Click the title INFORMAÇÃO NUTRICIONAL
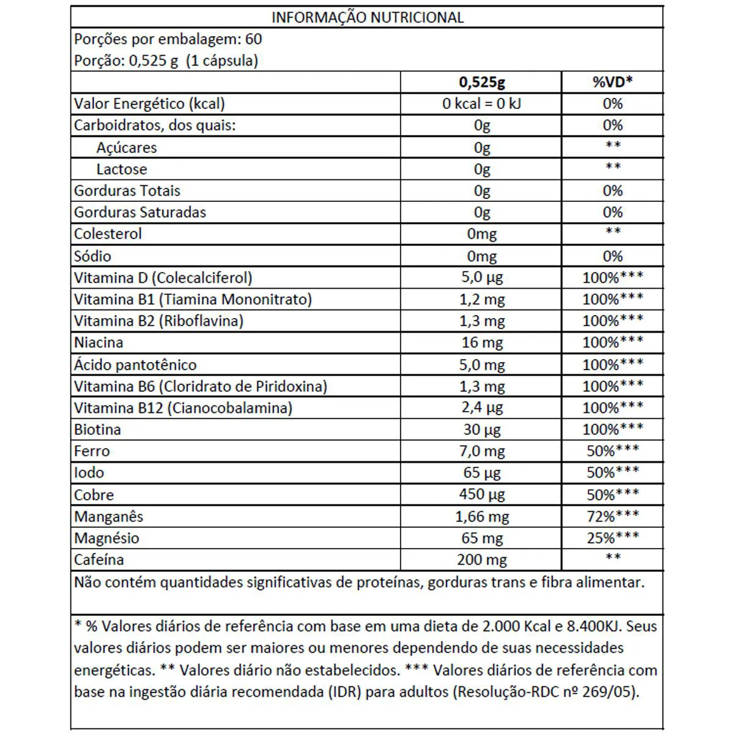tap(367, 17)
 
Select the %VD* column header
tap(612, 82)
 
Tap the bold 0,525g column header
tap(481, 82)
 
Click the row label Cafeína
tap(99, 560)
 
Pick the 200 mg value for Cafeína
tap(481, 560)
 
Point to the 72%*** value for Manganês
tap(612, 516)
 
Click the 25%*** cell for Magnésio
tap(612, 538)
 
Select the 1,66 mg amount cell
tap(481, 517)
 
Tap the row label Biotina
tap(98, 429)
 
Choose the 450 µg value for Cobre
tap(481, 494)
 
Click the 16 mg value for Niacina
tap(481, 343)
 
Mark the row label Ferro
tap(92, 451)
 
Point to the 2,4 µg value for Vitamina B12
tap(481, 408)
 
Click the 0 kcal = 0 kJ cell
tap(481, 104)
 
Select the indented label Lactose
tap(122, 169)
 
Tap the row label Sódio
tap(93, 256)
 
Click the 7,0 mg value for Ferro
tap(481, 451)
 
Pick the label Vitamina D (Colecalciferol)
tap(163, 278)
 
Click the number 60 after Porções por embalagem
tap(253, 39)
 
